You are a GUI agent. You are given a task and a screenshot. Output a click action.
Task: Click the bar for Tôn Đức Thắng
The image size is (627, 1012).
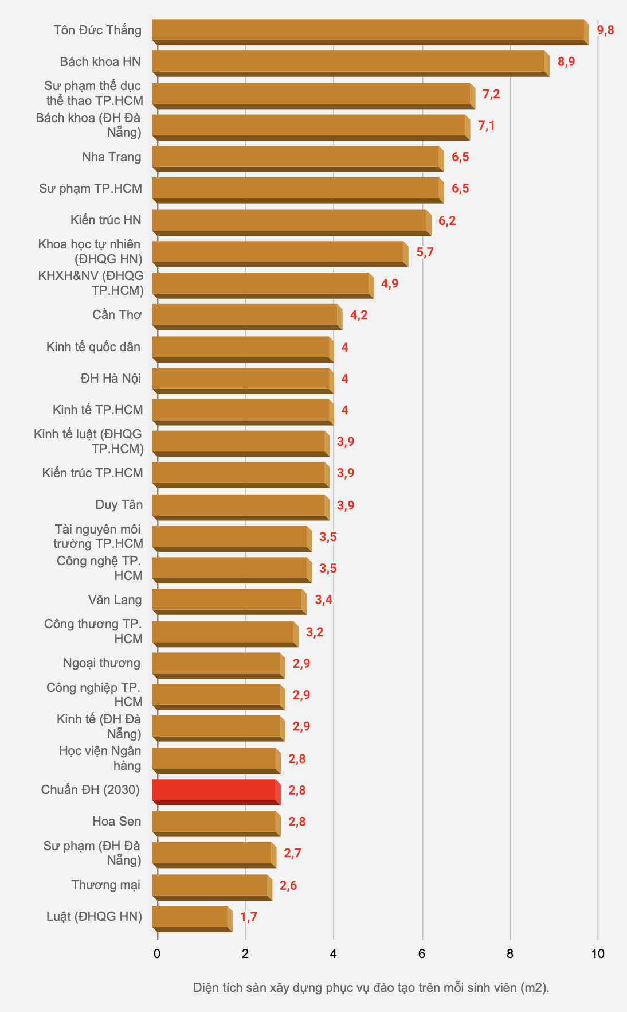[370, 31]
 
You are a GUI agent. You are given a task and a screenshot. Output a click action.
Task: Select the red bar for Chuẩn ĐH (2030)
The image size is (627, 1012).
[215, 791]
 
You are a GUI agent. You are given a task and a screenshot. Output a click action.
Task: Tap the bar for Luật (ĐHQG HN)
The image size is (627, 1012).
[191, 917]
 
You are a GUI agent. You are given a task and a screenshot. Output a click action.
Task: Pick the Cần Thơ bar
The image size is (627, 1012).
[246, 316]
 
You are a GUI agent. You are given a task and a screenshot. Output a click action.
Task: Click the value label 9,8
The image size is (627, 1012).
[605, 30]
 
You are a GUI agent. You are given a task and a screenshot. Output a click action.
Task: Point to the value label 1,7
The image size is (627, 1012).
[248, 917]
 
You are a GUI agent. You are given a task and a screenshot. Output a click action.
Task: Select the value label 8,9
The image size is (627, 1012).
[566, 62]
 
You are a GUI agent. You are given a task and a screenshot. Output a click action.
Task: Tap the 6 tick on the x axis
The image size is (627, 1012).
[422, 954]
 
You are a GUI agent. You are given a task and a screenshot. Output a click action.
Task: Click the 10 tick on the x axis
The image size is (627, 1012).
[598, 954]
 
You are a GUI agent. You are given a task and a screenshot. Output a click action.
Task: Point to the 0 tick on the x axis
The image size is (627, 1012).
[157, 954]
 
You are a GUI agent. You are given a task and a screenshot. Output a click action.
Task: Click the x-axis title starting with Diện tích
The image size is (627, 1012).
[371, 988]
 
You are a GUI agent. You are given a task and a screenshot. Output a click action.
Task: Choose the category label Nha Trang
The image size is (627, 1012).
[111, 157]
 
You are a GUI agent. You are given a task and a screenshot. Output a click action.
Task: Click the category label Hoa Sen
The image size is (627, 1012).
[116, 822]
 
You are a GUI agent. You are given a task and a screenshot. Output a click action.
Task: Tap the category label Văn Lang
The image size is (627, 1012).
[115, 600]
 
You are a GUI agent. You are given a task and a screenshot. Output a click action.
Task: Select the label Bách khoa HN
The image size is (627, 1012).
[100, 62]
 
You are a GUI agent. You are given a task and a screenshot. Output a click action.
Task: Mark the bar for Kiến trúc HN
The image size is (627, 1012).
[291, 221]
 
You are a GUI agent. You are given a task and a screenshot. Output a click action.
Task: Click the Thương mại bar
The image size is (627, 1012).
[211, 886]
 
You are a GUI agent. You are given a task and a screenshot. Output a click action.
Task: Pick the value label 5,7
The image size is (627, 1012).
[425, 252]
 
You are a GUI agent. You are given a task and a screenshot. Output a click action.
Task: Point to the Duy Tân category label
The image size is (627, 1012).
[119, 505]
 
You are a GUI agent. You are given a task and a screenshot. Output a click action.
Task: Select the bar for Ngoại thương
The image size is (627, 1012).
[218, 664]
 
